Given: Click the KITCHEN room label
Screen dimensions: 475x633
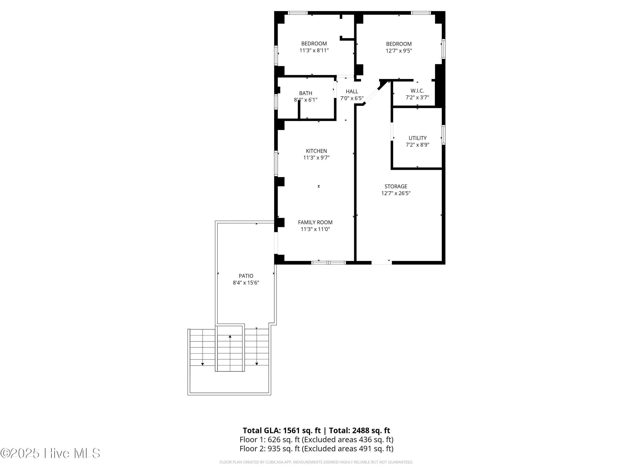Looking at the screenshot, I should coord(316,151).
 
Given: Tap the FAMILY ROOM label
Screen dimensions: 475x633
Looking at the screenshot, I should coord(315,222).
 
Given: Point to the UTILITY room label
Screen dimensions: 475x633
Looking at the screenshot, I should coord(417,138).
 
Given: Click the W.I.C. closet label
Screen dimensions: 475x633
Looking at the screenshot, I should coord(417,91).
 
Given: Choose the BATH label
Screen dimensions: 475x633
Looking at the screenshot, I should coord(305,93).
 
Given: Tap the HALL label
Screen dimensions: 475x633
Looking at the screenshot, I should coord(352,91).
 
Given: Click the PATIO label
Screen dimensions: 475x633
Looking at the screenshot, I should coord(246,276).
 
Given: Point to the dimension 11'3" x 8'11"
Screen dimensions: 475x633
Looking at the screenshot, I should coord(314,51).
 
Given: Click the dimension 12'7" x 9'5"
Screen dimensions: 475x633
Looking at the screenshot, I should coord(399,51).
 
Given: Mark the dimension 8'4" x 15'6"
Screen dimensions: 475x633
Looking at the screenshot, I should coord(246,283).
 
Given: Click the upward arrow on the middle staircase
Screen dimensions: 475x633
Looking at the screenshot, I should coord(230,337).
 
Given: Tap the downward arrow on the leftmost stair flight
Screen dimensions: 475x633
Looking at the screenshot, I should coord(202,364).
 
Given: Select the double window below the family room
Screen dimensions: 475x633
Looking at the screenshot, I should coord(328,263).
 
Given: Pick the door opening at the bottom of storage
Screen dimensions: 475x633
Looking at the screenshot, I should coord(381,263).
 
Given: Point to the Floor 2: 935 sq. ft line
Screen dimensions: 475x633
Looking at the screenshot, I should coord(316,449).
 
